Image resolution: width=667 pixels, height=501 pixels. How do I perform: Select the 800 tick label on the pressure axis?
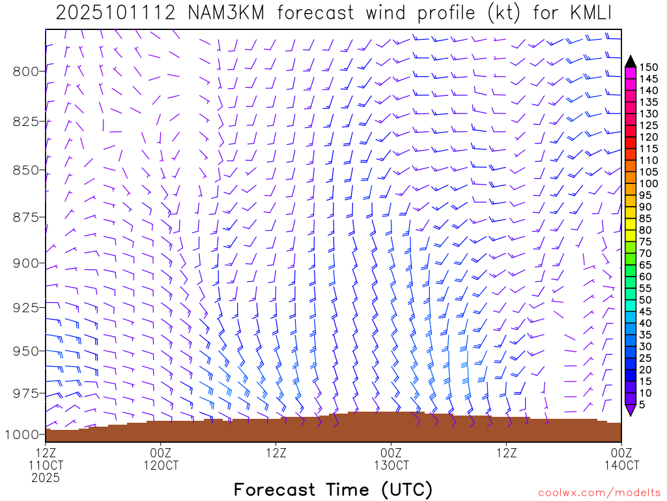(x=26, y=71)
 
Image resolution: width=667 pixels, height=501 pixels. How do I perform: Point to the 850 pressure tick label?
(x=26, y=170)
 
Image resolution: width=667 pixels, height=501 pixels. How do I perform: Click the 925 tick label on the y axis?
(x=26, y=306)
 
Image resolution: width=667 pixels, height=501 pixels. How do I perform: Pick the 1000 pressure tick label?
(x=23, y=434)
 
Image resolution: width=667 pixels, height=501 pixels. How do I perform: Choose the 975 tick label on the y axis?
(x=26, y=393)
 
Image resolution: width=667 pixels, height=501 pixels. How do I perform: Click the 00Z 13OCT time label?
(x=391, y=459)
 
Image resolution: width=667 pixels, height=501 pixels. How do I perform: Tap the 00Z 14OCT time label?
(x=621, y=459)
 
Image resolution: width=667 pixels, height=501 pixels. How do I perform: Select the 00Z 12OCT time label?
(x=160, y=459)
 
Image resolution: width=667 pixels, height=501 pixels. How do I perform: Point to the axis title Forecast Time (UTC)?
(x=333, y=489)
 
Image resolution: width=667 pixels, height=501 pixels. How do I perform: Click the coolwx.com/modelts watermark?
(x=599, y=492)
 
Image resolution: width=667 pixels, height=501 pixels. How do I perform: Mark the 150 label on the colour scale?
(x=648, y=67)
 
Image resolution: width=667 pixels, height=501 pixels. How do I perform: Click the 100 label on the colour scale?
(x=648, y=183)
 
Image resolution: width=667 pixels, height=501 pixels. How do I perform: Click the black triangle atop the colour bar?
(x=631, y=61)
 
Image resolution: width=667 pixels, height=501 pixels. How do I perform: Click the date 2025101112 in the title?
(x=113, y=13)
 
